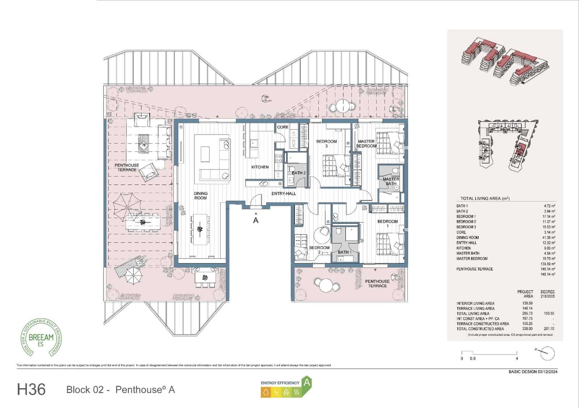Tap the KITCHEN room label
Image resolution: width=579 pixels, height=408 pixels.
260,167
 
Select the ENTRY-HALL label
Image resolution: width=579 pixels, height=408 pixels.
284,194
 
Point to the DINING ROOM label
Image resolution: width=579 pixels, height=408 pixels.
200,196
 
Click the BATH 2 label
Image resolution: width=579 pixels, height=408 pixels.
299,173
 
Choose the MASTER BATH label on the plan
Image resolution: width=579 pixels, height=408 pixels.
391,181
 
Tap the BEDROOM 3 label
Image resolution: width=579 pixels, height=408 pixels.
326,143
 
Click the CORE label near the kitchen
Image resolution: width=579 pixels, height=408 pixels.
283,127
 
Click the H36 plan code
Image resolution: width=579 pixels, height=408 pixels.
31,390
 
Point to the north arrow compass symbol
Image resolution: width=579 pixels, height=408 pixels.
546,352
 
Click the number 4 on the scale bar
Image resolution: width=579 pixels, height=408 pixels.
517,358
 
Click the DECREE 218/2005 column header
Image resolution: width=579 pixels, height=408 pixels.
547,294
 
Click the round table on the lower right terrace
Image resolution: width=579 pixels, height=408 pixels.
326,285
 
